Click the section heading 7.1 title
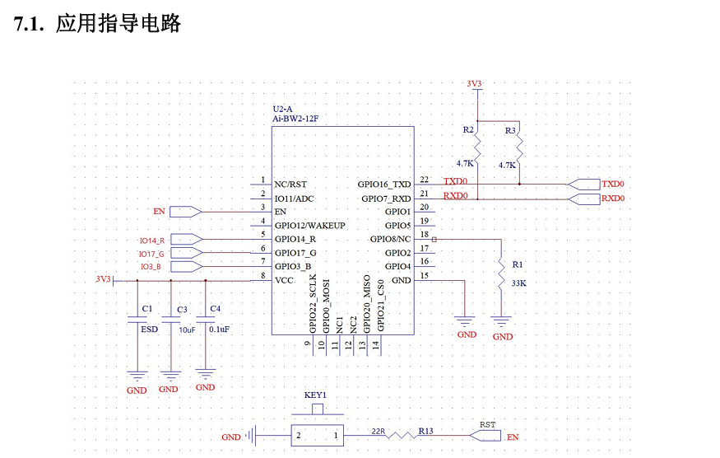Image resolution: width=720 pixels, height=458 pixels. click(98, 24)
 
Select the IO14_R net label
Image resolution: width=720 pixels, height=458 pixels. click(151, 240)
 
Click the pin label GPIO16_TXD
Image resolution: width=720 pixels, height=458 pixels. click(383, 185)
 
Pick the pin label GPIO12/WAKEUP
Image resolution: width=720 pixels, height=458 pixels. click(309, 225)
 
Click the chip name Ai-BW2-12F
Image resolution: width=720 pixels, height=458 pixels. click(295, 119)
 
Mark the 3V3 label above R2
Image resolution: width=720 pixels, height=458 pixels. click(474, 84)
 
